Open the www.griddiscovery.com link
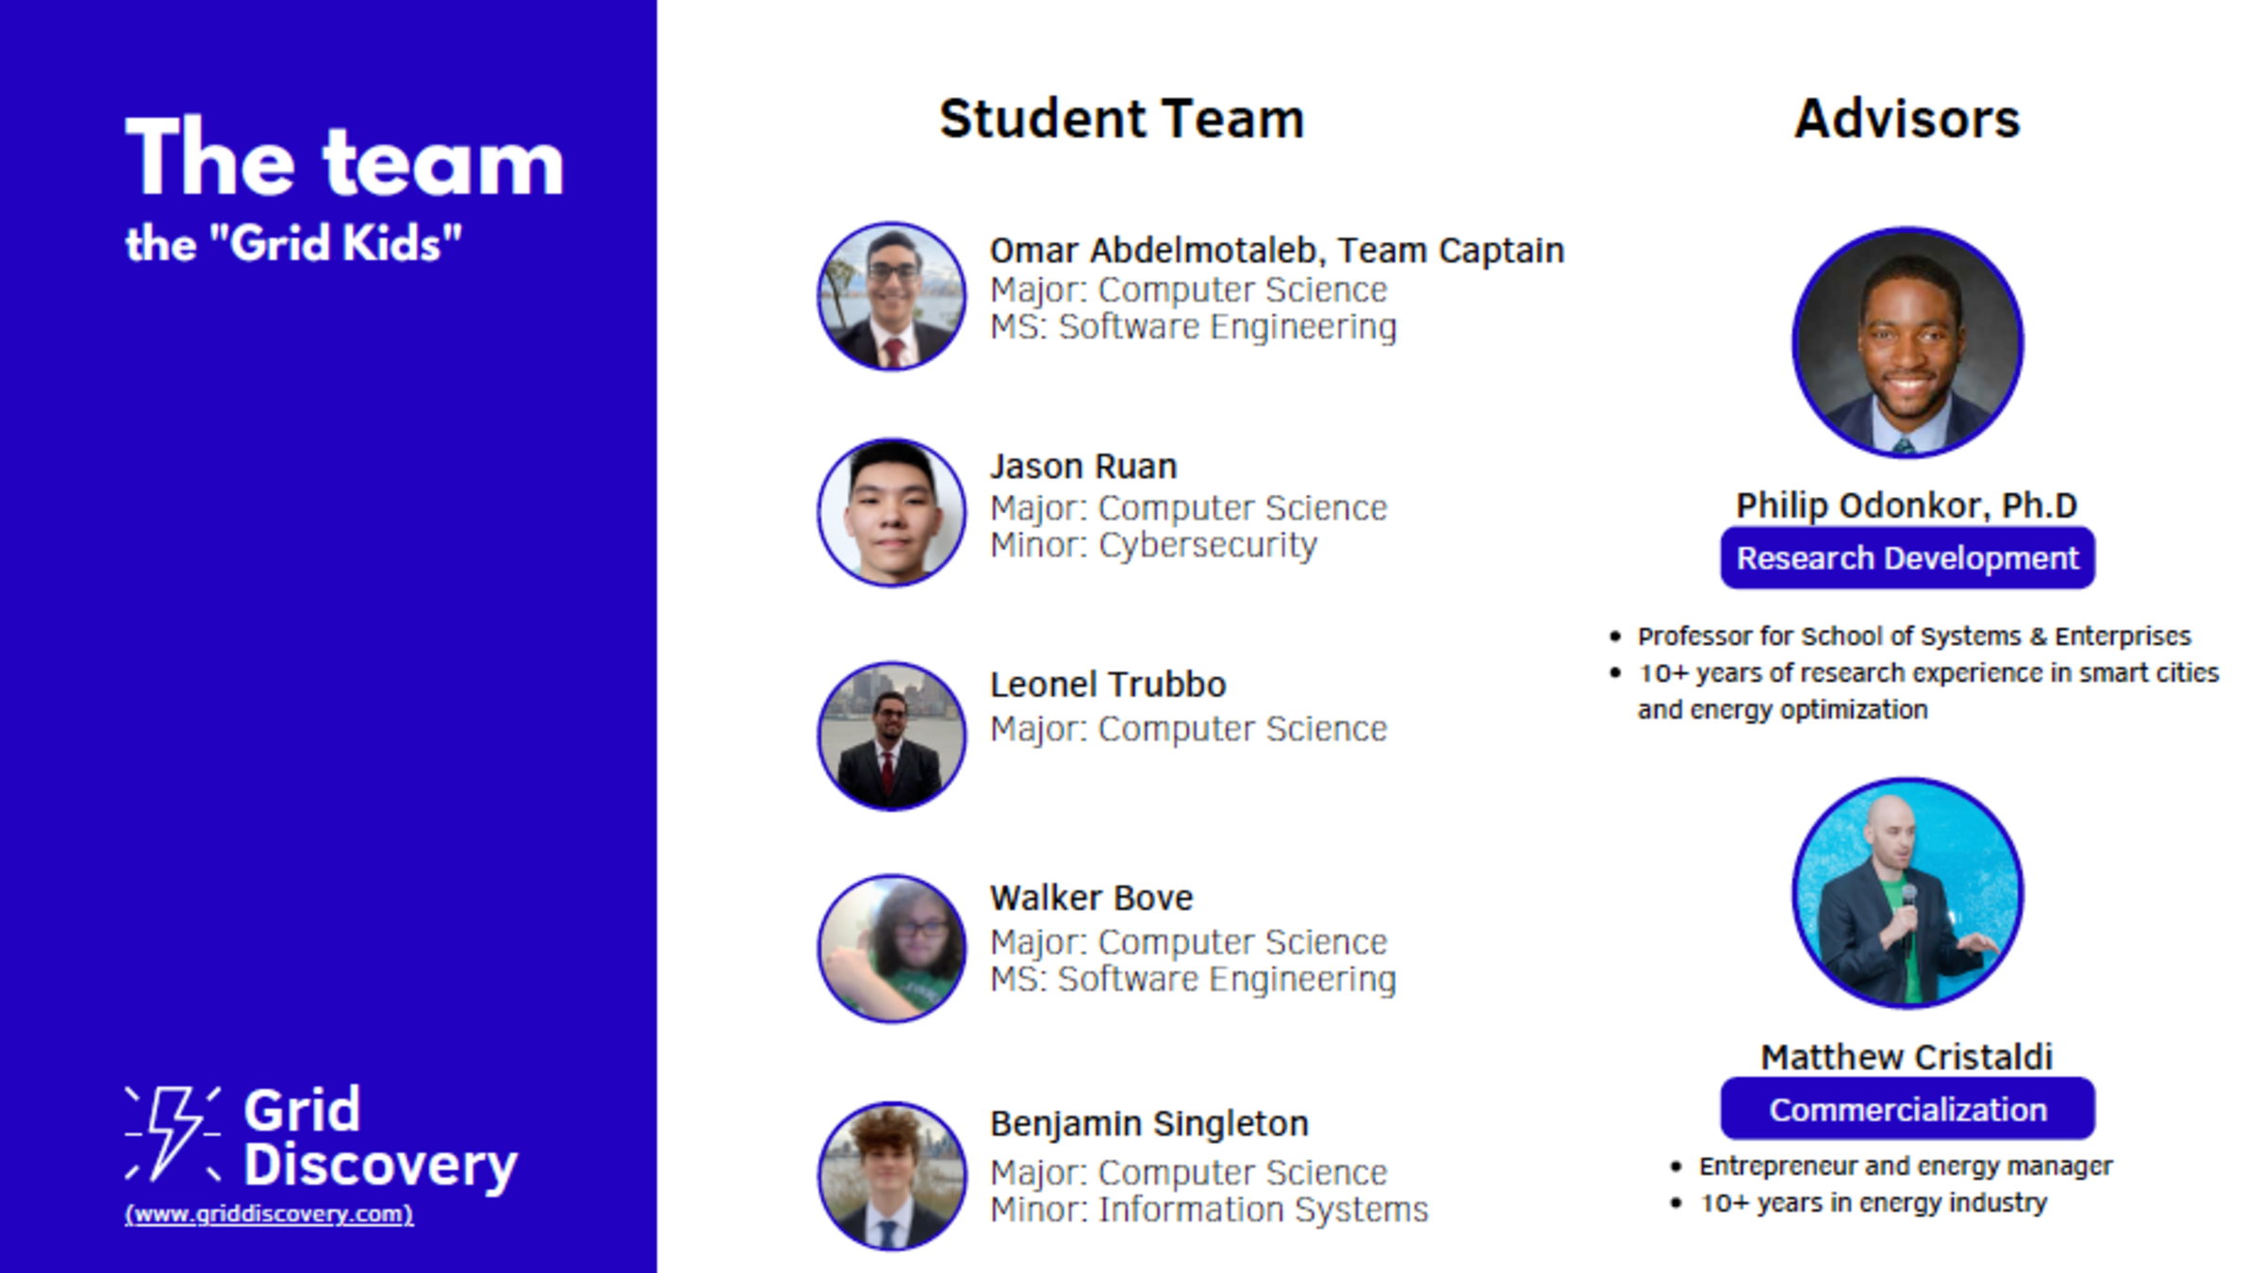coord(269,1214)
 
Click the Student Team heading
coord(1121,120)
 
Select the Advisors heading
coord(1907,120)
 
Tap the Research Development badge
coord(1908,558)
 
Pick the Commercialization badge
coord(1908,1109)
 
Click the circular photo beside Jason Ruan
coord(892,512)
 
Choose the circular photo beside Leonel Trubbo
coord(892,736)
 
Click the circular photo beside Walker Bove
coord(892,949)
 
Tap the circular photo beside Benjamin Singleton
coord(892,1176)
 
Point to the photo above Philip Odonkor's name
coord(1908,342)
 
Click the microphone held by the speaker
coord(1908,915)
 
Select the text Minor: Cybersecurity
coord(1153,545)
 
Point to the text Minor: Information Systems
coord(1209,1210)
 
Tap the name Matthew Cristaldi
coord(1907,1057)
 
